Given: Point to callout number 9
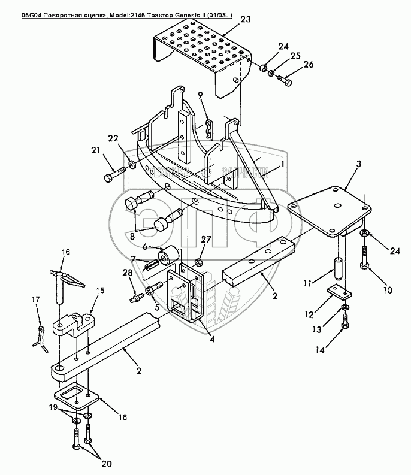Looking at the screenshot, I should tap(200, 95).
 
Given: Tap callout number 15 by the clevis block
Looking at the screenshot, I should tap(101, 290).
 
